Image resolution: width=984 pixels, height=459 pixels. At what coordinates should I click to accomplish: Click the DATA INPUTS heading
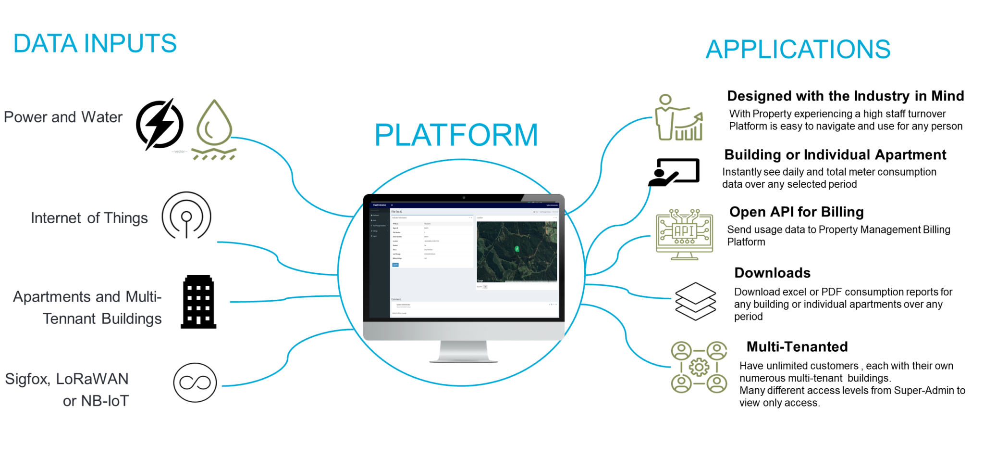(95, 43)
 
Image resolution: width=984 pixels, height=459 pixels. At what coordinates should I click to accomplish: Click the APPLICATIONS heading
(798, 49)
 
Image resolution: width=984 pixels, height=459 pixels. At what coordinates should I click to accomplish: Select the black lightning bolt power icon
(160, 125)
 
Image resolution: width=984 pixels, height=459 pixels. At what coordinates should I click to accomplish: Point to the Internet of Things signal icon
(186, 216)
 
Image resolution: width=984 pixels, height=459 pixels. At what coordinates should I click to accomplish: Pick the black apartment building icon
(198, 302)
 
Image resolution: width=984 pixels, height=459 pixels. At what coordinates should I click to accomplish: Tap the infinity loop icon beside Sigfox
(195, 382)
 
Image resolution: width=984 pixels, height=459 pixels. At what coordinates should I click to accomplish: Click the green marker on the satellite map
(517, 249)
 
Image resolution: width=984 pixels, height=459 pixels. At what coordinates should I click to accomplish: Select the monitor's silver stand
(463, 351)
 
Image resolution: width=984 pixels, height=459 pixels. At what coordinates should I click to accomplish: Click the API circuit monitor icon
(684, 234)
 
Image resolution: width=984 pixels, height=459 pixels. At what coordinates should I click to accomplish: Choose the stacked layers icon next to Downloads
(695, 301)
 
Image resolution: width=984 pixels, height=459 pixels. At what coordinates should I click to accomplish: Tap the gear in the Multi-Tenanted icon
(699, 368)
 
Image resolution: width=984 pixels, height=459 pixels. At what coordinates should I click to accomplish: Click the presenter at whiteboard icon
(674, 172)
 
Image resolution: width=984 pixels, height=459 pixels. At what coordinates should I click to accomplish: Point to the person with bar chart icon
(678, 118)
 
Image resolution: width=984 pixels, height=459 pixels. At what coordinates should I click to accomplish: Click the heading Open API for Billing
(796, 212)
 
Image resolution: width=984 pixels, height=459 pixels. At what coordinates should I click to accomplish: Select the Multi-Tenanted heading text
(797, 346)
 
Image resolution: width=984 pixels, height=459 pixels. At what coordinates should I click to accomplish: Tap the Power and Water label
(63, 117)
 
